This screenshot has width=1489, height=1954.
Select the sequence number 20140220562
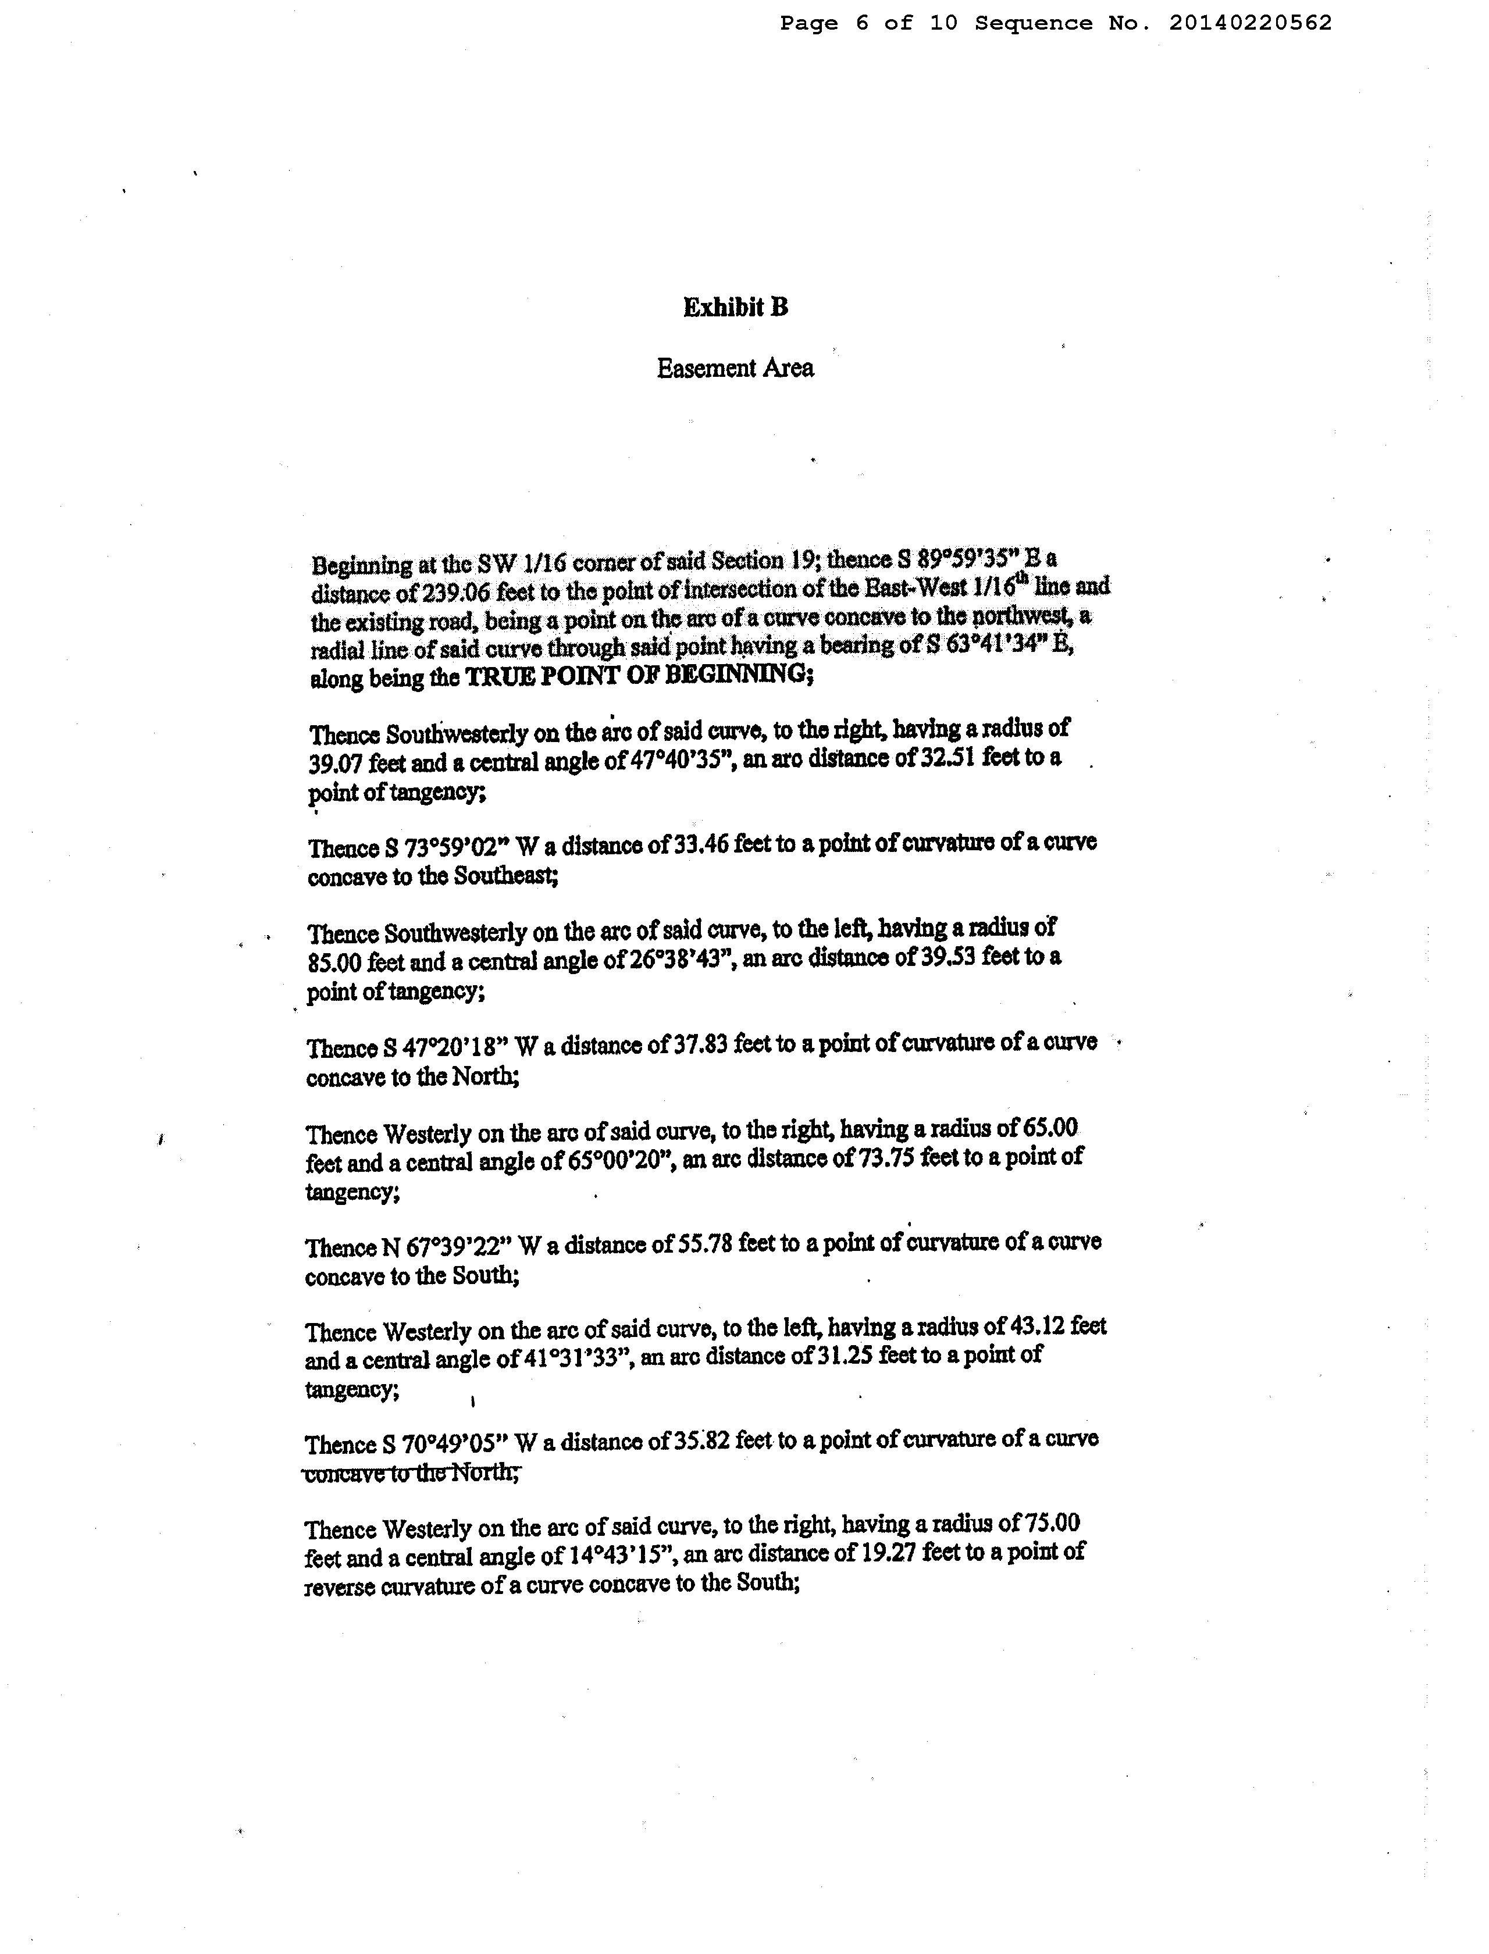coord(1250,23)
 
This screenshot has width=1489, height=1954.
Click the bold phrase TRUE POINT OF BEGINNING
coord(636,675)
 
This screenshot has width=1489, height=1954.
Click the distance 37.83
coord(701,1046)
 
